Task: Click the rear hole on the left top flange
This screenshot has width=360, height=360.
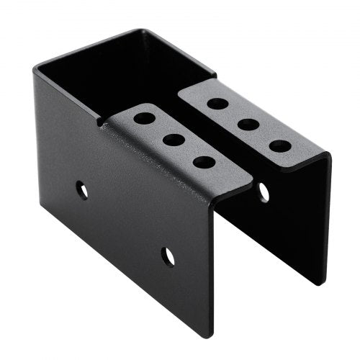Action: (144, 117)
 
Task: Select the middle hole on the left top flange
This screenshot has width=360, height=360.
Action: (174, 139)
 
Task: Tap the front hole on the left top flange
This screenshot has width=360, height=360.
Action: (205, 162)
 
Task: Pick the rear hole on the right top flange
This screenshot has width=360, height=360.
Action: (217, 103)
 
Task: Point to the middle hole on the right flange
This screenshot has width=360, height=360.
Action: (248, 124)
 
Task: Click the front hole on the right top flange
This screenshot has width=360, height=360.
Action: (280, 145)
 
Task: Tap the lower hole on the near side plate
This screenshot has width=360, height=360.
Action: (168, 255)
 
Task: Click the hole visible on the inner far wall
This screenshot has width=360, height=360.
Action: (264, 192)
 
